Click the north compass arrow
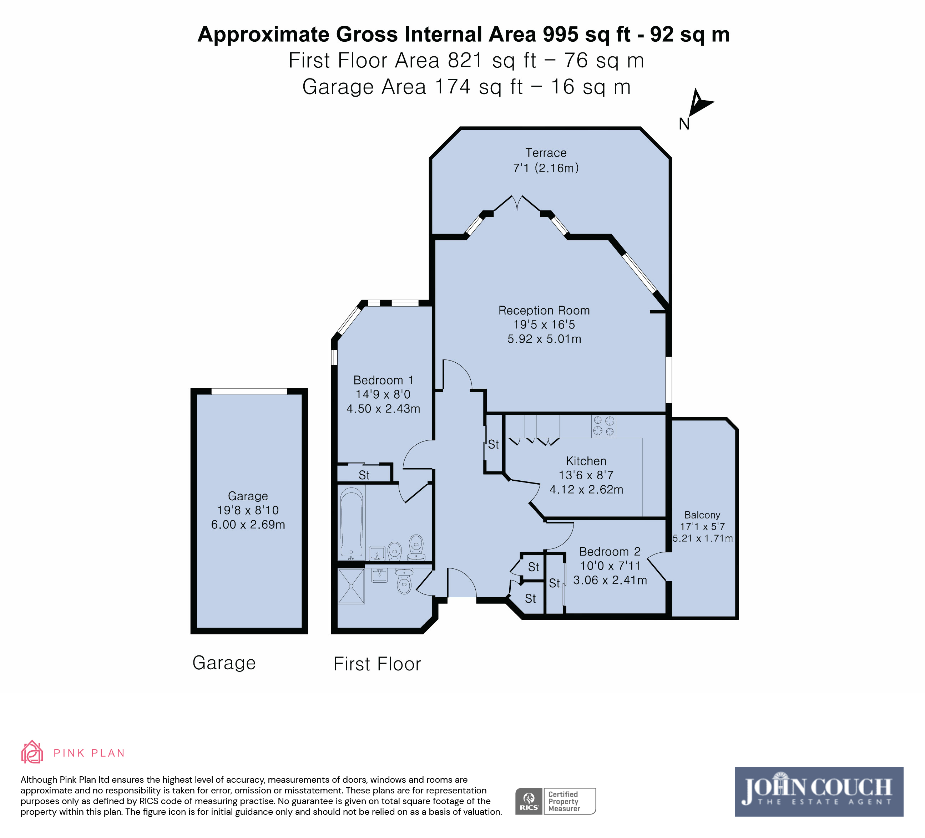(700, 103)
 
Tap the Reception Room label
(544, 310)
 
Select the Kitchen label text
(586, 461)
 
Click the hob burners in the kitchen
(603, 426)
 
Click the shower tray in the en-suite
(352, 586)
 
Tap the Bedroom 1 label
(384, 380)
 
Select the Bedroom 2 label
(609, 552)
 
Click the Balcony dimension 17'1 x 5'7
(702, 527)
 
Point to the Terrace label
(546, 153)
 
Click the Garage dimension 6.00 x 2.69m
(248, 525)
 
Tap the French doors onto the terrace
(517, 204)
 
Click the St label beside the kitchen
(493, 444)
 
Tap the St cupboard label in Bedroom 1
(364, 475)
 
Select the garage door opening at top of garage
(249, 392)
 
